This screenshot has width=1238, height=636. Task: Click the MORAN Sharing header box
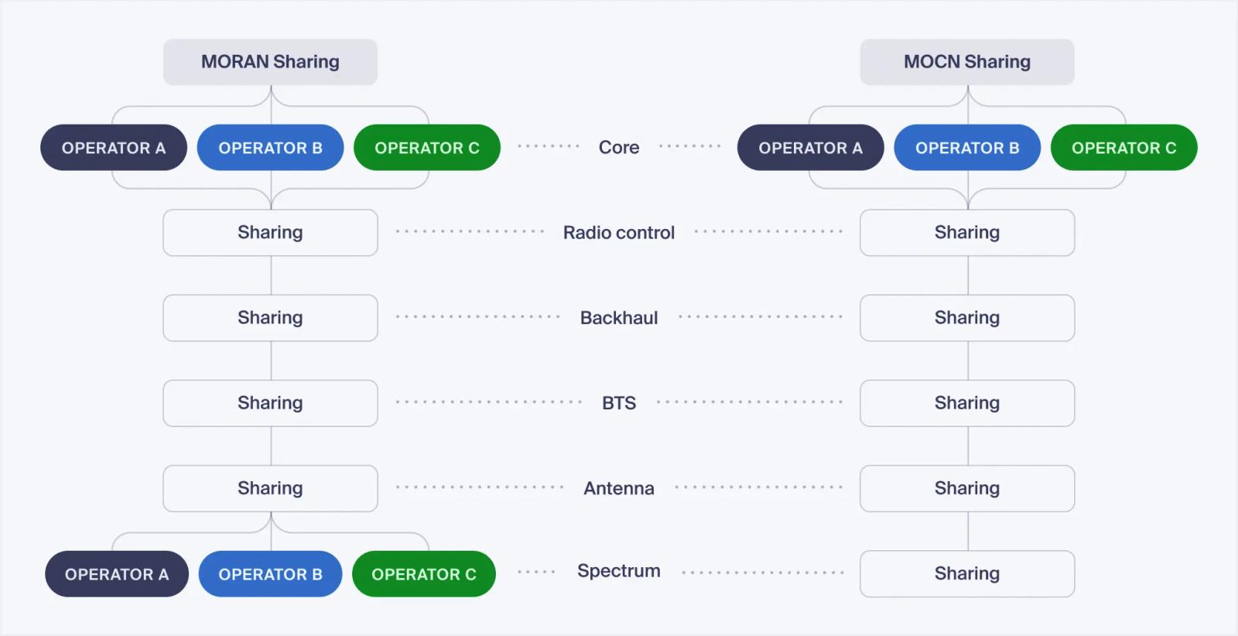click(x=270, y=62)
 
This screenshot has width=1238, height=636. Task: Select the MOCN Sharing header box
click(x=967, y=62)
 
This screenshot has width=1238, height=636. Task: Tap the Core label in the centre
click(x=619, y=148)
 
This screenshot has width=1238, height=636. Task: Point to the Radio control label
click(x=619, y=233)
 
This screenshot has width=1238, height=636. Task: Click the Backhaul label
click(x=619, y=318)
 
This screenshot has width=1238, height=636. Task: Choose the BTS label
click(x=619, y=403)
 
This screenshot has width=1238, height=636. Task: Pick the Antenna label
click(x=619, y=488)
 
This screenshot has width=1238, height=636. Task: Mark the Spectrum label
click(x=619, y=571)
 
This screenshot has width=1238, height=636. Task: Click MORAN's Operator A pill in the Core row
click(x=114, y=148)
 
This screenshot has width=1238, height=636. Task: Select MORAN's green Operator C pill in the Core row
click(x=427, y=148)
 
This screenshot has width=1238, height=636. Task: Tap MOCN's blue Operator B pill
click(x=967, y=148)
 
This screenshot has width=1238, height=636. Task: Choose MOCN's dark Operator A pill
click(x=811, y=148)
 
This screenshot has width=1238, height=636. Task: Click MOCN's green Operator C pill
click(x=1124, y=148)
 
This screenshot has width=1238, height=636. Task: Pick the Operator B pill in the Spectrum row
click(x=270, y=574)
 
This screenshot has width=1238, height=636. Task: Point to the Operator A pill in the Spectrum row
click(x=117, y=574)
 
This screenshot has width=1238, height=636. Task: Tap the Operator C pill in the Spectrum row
click(x=424, y=574)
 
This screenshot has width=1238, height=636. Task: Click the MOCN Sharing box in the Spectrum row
click(x=967, y=573)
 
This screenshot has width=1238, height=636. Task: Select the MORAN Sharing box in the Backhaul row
click(x=270, y=318)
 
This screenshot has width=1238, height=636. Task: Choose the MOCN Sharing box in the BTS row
click(x=967, y=403)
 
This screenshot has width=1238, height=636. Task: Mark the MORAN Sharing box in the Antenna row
click(x=270, y=488)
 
